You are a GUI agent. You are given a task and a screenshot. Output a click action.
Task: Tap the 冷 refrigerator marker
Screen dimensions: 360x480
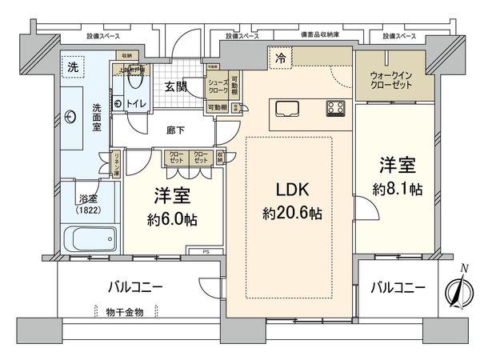coord(281,57)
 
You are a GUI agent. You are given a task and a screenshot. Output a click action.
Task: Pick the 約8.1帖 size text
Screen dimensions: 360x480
coord(398,194)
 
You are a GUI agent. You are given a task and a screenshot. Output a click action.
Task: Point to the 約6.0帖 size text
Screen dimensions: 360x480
coord(173,219)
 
